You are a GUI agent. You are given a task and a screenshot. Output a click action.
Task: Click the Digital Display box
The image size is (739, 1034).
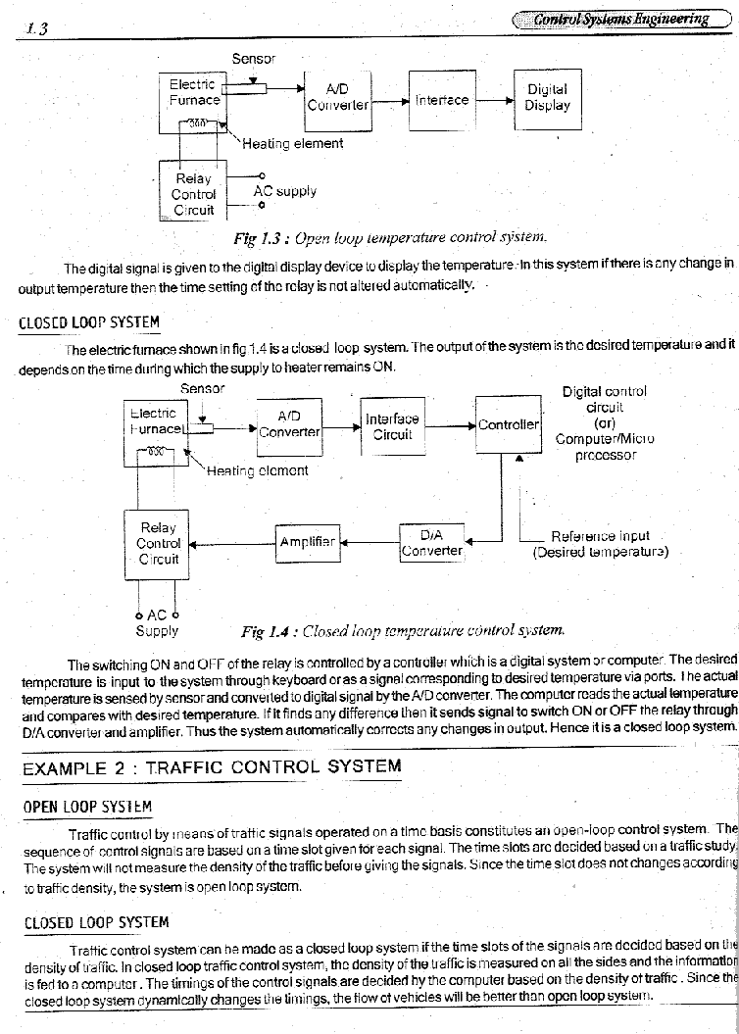(547, 98)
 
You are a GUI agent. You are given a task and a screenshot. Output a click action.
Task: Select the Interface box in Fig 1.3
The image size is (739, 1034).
(442, 100)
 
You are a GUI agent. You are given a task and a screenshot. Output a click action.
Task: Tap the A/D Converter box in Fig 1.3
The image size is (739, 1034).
(337, 97)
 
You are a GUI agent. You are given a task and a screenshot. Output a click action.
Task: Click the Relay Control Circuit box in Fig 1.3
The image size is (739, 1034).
(193, 194)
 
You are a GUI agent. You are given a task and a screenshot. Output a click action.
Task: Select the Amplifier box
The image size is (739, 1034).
(307, 541)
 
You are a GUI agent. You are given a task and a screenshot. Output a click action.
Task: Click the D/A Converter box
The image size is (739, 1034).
(431, 542)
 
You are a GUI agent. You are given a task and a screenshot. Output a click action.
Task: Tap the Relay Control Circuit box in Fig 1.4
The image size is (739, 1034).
(158, 543)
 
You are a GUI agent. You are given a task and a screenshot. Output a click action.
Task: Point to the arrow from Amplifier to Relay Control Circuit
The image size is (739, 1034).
(233, 542)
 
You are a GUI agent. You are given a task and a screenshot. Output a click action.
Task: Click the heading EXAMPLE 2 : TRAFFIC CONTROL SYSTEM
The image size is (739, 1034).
(212, 767)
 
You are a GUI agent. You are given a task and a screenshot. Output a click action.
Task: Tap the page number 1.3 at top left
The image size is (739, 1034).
(38, 28)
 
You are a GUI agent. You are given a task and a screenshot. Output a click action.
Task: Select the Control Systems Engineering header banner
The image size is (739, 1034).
(620, 19)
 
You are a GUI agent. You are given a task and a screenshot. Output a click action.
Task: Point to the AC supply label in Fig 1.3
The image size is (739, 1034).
(284, 191)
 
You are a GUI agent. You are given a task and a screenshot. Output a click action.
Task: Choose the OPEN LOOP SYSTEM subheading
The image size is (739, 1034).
(87, 808)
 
